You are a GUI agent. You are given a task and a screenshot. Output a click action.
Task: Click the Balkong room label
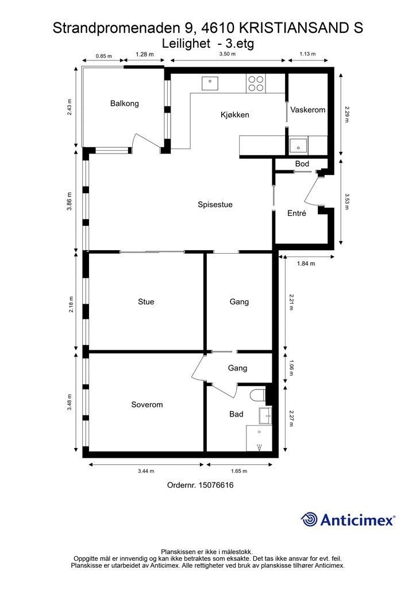[x=125, y=104]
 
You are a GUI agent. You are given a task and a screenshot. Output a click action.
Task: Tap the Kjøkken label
[x=234, y=115]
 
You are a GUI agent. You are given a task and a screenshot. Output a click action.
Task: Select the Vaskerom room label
[x=307, y=110]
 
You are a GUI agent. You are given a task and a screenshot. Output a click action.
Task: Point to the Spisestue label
[x=215, y=205]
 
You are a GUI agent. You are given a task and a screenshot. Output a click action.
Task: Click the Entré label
[x=296, y=213]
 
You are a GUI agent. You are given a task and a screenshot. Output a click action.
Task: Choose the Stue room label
[x=146, y=302]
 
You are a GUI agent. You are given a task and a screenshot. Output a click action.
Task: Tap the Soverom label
[x=147, y=405]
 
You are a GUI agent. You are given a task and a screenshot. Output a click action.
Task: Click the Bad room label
[x=236, y=414]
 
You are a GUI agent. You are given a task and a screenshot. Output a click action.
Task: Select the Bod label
[x=302, y=165]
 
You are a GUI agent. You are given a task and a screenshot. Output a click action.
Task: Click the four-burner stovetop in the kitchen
[x=256, y=84]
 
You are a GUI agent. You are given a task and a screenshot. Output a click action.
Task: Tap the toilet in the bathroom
[x=258, y=396]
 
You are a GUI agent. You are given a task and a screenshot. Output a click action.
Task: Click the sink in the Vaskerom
[x=298, y=145]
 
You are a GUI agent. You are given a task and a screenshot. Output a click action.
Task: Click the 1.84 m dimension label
[x=306, y=264]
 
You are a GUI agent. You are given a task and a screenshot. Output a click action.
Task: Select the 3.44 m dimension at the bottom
[x=147, y=471]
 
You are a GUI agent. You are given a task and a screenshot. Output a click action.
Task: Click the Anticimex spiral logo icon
[x=310, y=519]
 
